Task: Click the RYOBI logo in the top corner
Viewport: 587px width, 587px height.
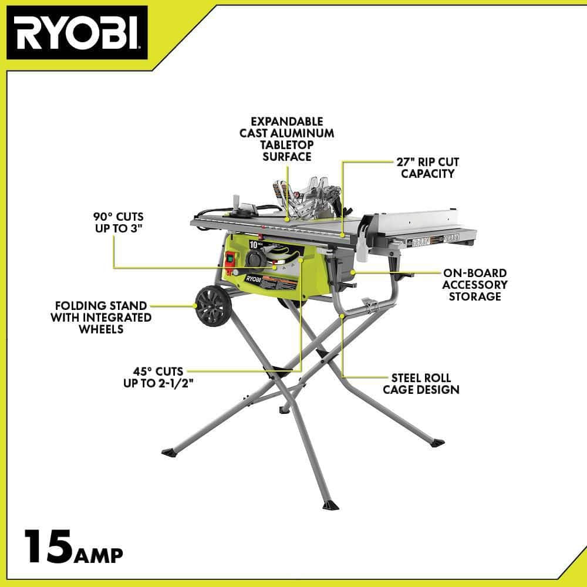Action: click(77, 33)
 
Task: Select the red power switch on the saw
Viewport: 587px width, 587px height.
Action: click(230, 260)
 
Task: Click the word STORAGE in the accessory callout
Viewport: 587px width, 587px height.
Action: click(475, 296)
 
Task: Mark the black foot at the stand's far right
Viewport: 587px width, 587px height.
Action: click(437, 443)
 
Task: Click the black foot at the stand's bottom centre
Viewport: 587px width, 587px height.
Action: click(330, 505)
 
